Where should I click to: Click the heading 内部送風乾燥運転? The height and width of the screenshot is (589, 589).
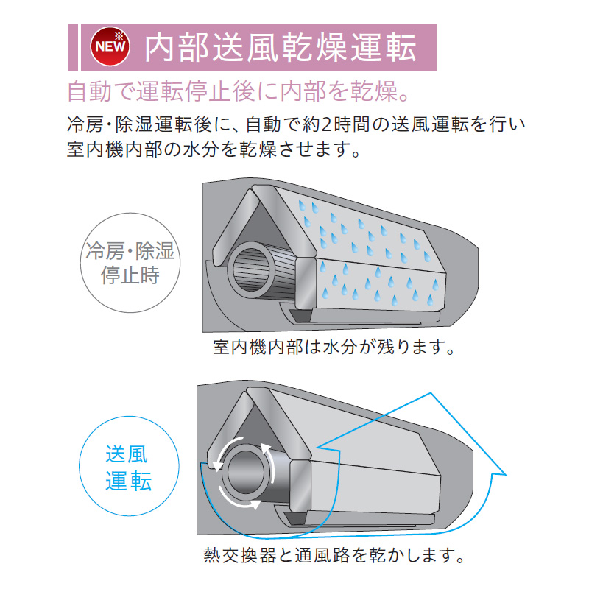coord(284,47)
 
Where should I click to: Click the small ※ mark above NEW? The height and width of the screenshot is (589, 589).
coord(120,33)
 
